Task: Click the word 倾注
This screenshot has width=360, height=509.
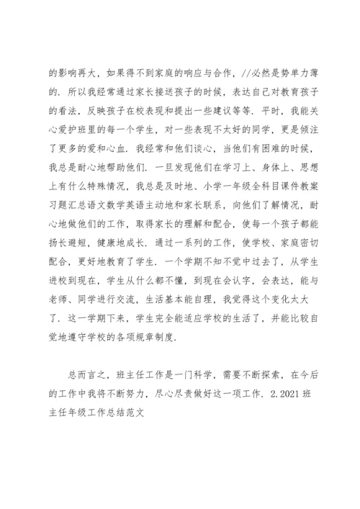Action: pos(301,130)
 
